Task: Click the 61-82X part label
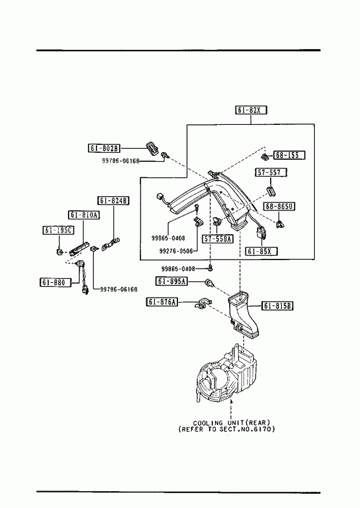click(251, 110)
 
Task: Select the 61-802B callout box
click(104, 148)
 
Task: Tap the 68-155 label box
click(289, 155)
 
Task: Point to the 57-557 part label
click(271, 172)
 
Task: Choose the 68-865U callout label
click(279, 206)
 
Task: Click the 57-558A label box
click(218, 239)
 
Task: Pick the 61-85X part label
click(262, 251)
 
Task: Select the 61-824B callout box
click(113, 201)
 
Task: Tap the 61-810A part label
click(84, 215)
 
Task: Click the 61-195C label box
click(58, 230)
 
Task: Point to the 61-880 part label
click(55, 283)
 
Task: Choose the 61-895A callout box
click(172, 282)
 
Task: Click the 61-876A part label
click(162, 302)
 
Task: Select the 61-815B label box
click(277, 305)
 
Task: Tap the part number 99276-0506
click(176, 251)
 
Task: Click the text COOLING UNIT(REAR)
click(231, 423)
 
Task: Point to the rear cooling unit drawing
click(226, 373)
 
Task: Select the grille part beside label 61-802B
click(152, 148)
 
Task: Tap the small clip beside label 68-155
click(265, 157)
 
